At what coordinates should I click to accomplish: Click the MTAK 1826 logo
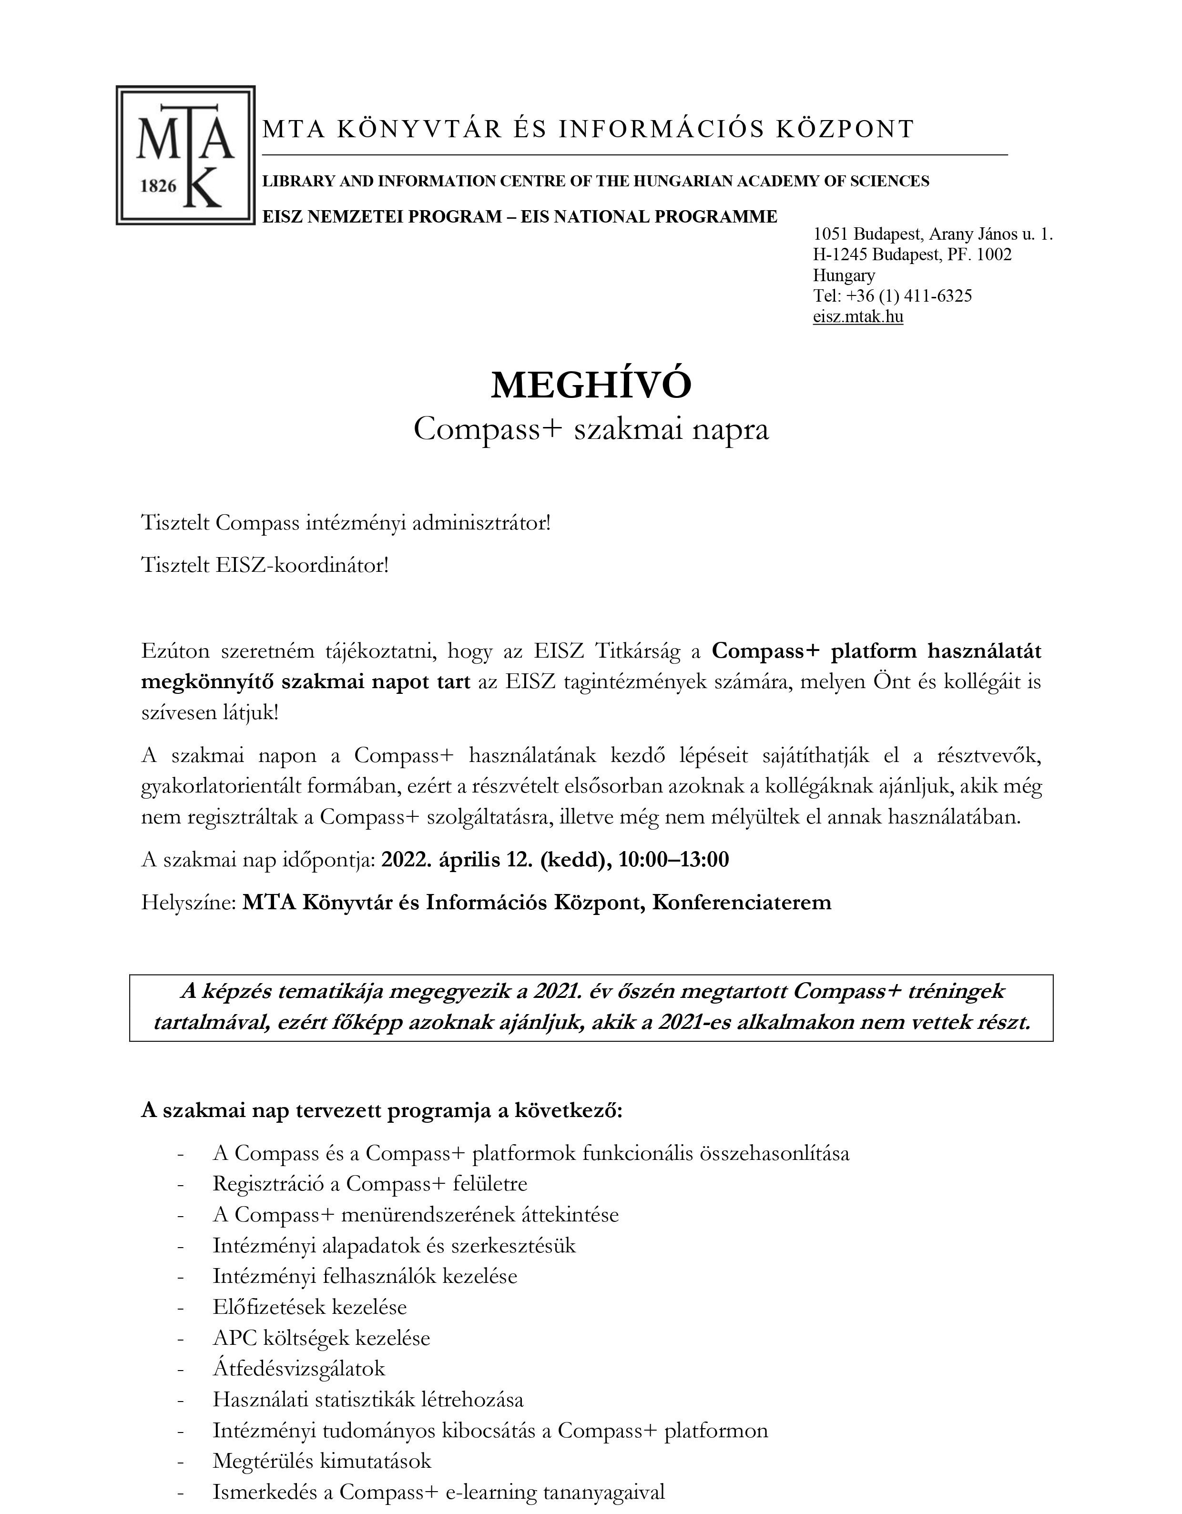click(185, 155)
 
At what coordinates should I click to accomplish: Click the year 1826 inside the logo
click(159, 186)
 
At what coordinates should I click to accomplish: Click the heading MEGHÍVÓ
click(591, 386)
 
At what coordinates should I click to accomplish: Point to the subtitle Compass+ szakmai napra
click(591, 430)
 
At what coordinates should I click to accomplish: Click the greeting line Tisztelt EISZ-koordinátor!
click(265, 565)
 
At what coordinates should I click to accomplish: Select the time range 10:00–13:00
click(674, 860)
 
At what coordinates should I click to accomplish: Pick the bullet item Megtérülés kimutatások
click(322, 1461)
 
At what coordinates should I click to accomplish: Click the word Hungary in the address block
click(844, 275)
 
